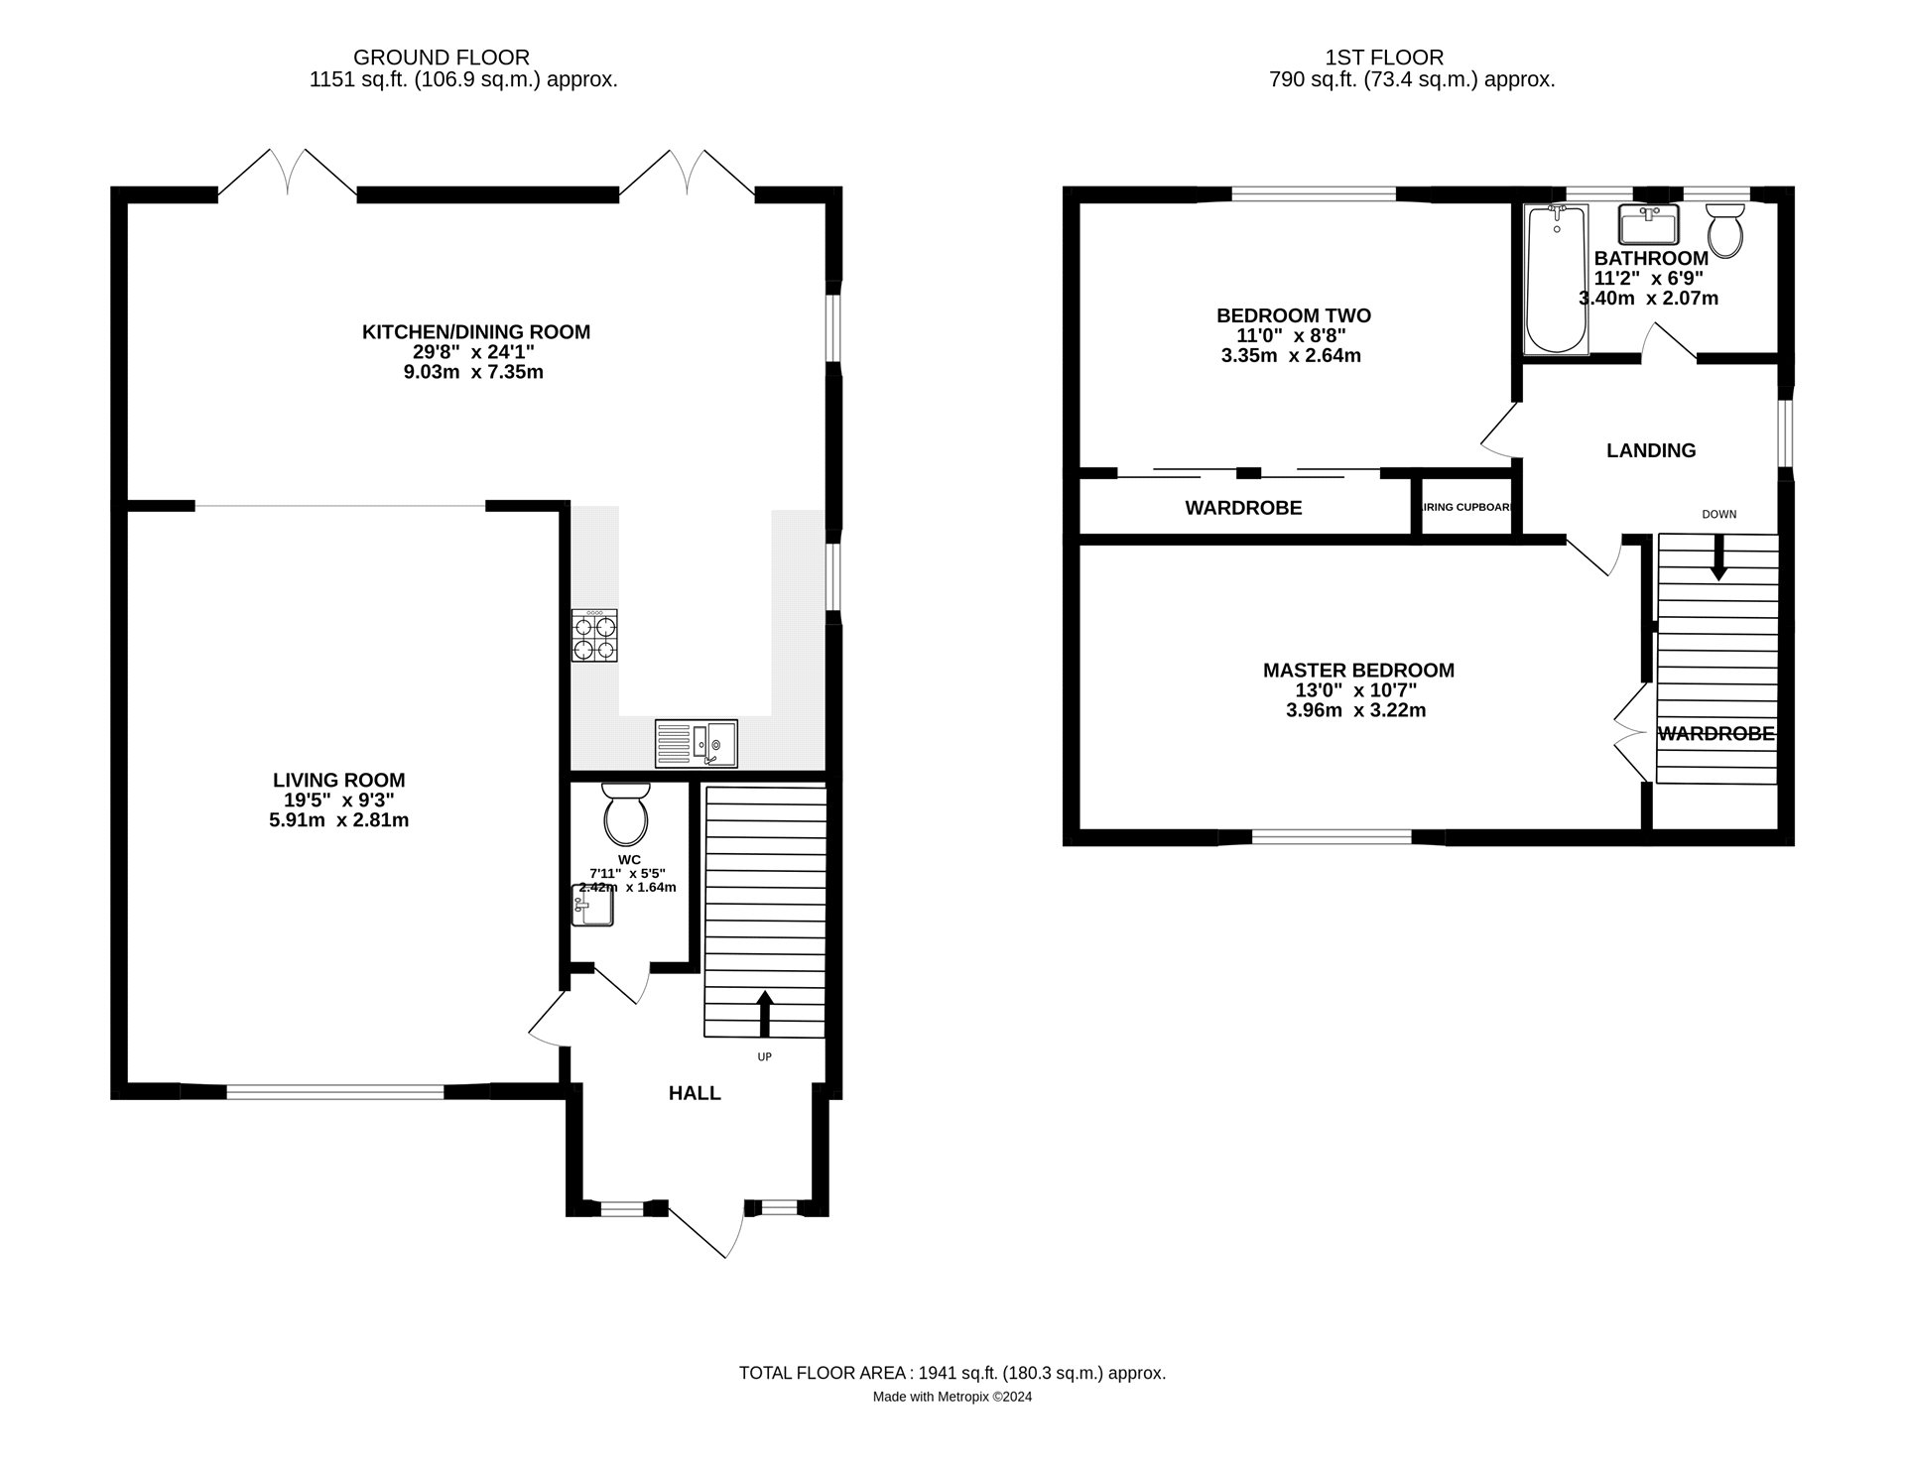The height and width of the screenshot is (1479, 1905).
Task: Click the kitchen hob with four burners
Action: click(x=594, y=636)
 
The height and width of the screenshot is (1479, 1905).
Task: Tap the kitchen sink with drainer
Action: click(x=696, y=743)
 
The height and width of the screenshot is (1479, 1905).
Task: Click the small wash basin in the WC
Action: click(x=593, y=905)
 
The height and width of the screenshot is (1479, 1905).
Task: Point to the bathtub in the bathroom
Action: click(x=1556, y=279)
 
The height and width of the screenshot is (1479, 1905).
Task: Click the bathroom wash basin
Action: click(x=1647, y=225)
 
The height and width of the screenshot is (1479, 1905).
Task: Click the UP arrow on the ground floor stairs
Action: click(x=764, y=1013)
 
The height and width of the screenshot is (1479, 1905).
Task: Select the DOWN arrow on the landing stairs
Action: click(x=1718, y=558)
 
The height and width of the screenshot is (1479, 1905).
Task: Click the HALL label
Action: click(x=695, y=1093)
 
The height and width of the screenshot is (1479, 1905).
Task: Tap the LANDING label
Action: click(x=1651, y=450)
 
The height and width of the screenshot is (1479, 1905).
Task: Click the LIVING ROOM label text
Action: click(x=338, y=781)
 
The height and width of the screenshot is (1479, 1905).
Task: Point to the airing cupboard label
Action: click(x=1467, y=508)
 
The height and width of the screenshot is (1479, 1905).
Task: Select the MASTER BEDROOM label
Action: click(x=1358, y=671)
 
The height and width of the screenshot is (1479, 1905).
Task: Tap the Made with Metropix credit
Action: click(x=952, y=1397)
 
